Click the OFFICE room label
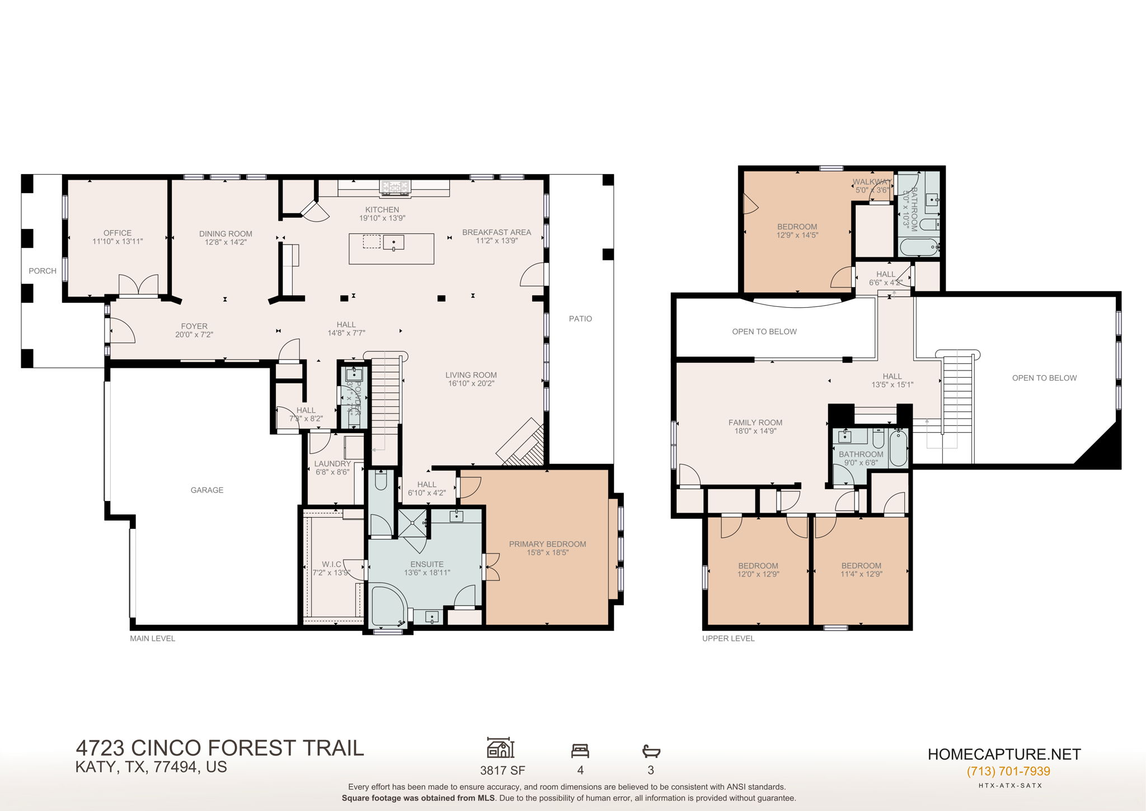coord(118,233)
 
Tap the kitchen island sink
coord(393,242)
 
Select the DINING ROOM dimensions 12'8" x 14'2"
coord(226,242)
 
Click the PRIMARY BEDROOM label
coord(547,544)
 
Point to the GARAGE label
coord(207,490)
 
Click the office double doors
coord(139,285)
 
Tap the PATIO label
coord(580,318)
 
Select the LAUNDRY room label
coord(332,463)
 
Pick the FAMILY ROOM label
coord(755,423)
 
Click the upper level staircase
coord(958,392)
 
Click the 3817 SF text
coord(502,770)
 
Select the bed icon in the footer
coord(580,750)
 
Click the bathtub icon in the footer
coord(651,750)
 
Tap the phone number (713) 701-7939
coord(1008,771)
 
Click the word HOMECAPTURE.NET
coord(1004,754)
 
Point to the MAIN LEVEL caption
coord(152,638)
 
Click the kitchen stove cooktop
coord(395,186)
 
